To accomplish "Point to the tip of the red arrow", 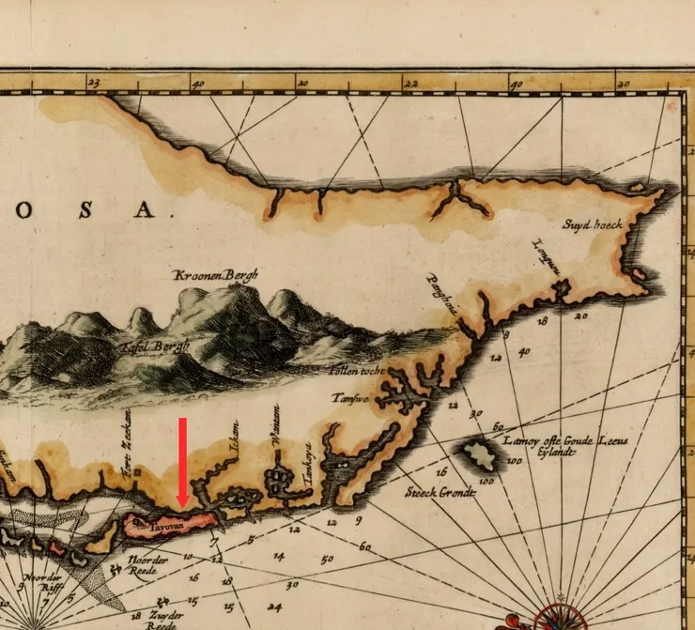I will pyautogui.click(x=182, y=507).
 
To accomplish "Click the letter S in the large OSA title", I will pyautogui.click(x=85, y=209).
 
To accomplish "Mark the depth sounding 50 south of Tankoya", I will pyautogui.click(x=326, y=560).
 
